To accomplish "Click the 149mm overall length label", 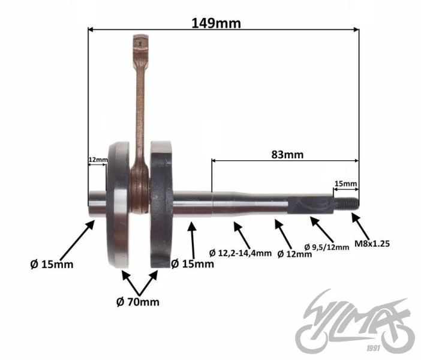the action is [216, 23].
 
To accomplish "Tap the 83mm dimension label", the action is [287, 155].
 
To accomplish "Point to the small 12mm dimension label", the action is [98, 160].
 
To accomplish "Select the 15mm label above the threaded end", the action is [346, 184].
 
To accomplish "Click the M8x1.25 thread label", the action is [372, 244].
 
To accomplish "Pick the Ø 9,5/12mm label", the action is [327, 247].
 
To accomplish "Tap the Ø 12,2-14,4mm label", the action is [240, 253].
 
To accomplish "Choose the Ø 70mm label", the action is [138, 302].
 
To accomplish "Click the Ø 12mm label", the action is [294, 254].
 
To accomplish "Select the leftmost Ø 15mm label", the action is [52, 265].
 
